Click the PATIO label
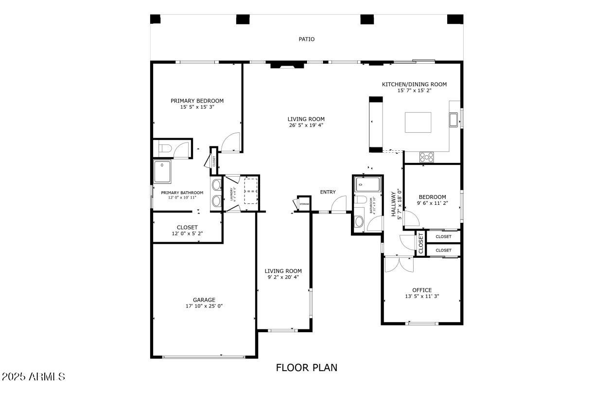pos(306,39)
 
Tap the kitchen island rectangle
pos(418,122)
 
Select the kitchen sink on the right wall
pos(453,119)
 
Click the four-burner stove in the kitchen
pos(427,157)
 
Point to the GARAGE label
pos(204,300)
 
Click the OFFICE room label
pos(421,290)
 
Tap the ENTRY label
pos(328,192)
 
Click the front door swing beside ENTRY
pos(339,204)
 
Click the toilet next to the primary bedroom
pos(165,148)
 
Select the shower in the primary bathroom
pos(162,172)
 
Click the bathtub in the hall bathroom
pos(367,184)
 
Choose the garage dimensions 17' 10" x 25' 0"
pos(204,306)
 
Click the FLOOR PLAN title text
pos(306,367)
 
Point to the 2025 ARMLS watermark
pos(33,376)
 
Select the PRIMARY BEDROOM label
pos(197,101)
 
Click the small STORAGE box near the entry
pos(304,204)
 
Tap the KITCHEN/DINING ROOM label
pos(414,84)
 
